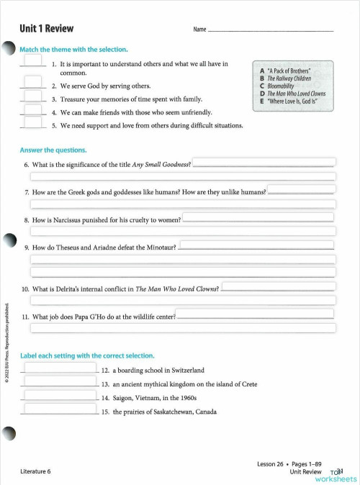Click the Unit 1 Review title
pos(48,29)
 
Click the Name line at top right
pos(270,30)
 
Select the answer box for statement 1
pos(33,63)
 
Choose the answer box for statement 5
pos(33,123)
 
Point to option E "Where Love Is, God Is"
pos(292,101)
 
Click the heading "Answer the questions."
pos(53,150)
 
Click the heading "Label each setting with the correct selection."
pos(86,355)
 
